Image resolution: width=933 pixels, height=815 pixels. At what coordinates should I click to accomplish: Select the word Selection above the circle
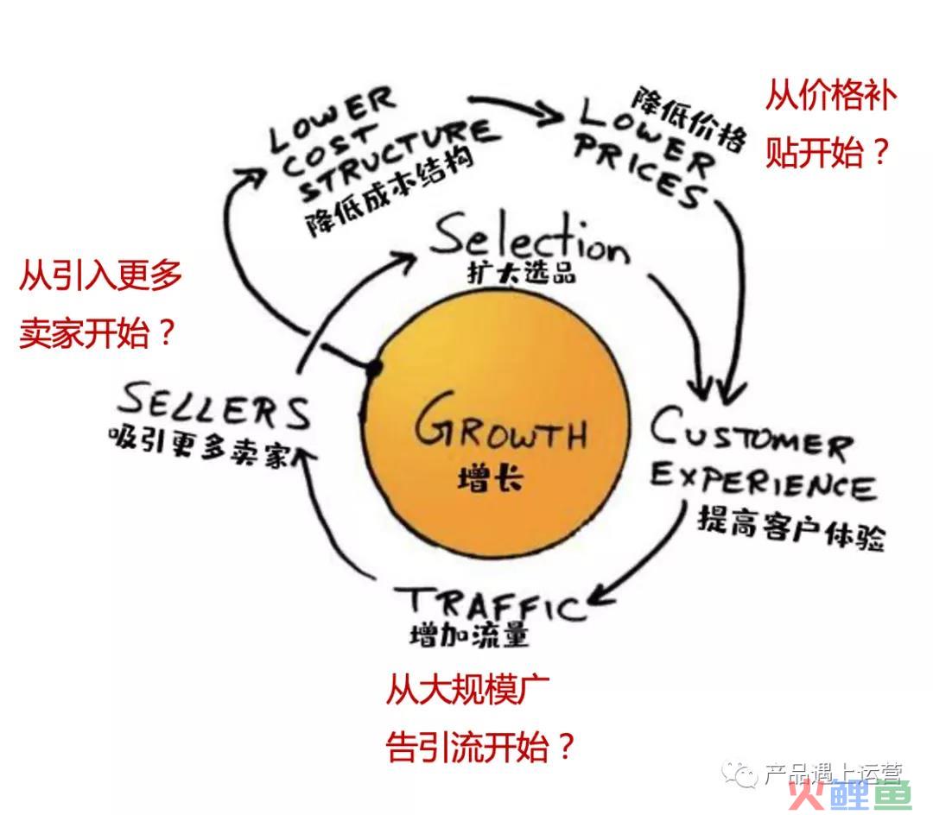pyautogui.click(x=530, y=238)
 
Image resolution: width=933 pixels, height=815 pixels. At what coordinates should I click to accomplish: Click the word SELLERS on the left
pyautogui.click(x=214, y=406)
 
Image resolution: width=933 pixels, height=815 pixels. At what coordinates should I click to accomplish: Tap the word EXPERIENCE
pyautogui.click(x=763, y=482)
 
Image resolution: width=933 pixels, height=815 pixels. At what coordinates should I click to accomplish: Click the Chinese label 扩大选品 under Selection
pyautogui.click(x=522, y=274)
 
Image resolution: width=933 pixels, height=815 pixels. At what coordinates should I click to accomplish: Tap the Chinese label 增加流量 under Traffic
pyautogui.click(x=469, y=635)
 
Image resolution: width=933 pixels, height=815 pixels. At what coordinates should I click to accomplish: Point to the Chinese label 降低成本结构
pyautogui.click(x=389, y=190)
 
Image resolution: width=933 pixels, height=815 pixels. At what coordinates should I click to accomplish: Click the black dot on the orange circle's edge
pyautogui.click(x=374, y=368)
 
